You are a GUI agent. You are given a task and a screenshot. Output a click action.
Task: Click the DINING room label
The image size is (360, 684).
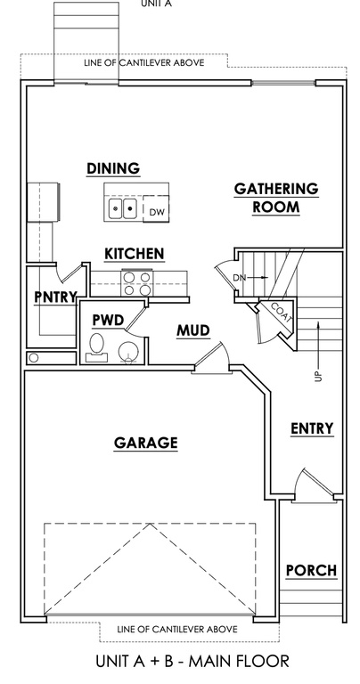pos(113,168)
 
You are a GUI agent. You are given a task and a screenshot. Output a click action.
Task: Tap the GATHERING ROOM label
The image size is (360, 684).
pos(276,198)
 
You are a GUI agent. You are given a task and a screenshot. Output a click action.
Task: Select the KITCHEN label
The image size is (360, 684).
pos(135,254)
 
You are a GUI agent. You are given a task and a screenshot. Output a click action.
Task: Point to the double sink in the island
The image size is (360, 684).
pos(123,208)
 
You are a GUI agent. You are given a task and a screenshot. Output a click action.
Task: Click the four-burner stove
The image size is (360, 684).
pos(137,283)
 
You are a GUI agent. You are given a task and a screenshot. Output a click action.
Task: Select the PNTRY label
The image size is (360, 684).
pos(55,297)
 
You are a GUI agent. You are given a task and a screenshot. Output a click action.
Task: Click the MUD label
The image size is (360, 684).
pos(192,330)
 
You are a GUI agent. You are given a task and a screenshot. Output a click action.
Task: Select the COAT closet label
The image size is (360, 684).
pos(281,312)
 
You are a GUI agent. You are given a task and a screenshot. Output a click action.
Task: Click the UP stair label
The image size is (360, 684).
pos(319,376)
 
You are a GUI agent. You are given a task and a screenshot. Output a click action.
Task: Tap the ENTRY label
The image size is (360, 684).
pos(312,428)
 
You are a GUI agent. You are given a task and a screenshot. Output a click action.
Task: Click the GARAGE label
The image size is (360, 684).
pos(146,443)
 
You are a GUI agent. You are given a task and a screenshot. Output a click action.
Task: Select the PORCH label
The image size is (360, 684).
pos(311,570)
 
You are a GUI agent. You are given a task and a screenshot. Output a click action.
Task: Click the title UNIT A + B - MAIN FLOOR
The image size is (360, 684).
pos(192,662)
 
